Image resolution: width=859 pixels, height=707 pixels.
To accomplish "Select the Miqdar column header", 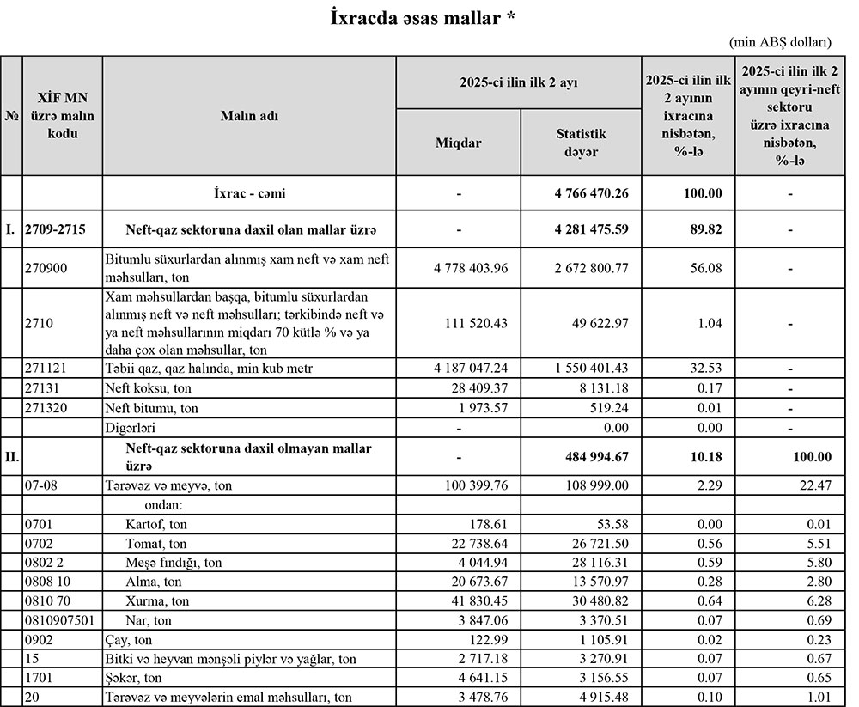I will [x=459, y=143].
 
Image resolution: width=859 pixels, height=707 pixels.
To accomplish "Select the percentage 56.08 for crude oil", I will [x=688, y=268].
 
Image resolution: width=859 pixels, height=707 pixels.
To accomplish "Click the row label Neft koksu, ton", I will [x=144, y=387].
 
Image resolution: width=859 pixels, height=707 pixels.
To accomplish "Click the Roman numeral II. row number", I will [x=12, y=456].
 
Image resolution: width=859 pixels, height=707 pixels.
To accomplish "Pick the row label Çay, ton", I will [x=129, y=639].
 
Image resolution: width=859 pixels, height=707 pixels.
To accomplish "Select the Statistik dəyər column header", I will [x=581, y=143].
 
